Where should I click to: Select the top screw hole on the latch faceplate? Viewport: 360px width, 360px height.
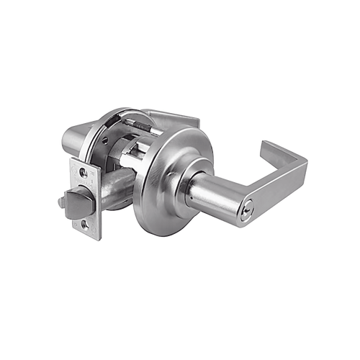(x=84, y=173)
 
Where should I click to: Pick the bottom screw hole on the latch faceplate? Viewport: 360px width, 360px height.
(x=91, y=226)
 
